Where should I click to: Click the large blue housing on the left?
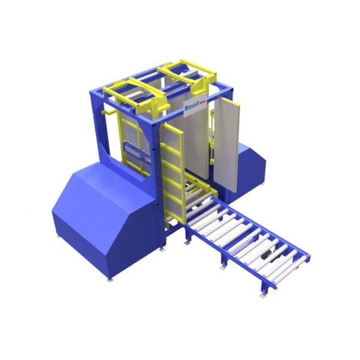pyautogui.click(x=99, y=216)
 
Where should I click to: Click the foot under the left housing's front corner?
pyautogui.click(x=109, y=278)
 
